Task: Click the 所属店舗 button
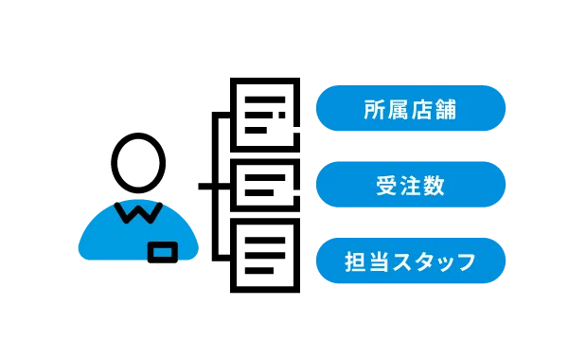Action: pyautogui.click(x=411, y=109)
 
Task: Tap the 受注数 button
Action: pyautogui.click(x=411, y=185)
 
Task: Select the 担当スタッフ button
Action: pyautogui.click(x=411, y=261)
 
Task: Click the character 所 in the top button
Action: pyautogui.click(x=375, y=110)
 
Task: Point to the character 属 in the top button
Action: pyautogui.click(x=399, y=110)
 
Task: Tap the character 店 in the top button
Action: pyautogui.click(x=422, y=110)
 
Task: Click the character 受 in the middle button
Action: pyautogui.click(x=387, y=186)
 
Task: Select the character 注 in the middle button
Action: pyautogui.click(x=411, y=186)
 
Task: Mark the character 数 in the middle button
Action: pyautogui.click(x=435, y=186)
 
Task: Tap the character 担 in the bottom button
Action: pyautogui.click(x=355, y=261)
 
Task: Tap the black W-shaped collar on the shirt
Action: pyautogui.click(x=138, y=210)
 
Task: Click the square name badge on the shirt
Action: pyautogui.click(x=163, y=253)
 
